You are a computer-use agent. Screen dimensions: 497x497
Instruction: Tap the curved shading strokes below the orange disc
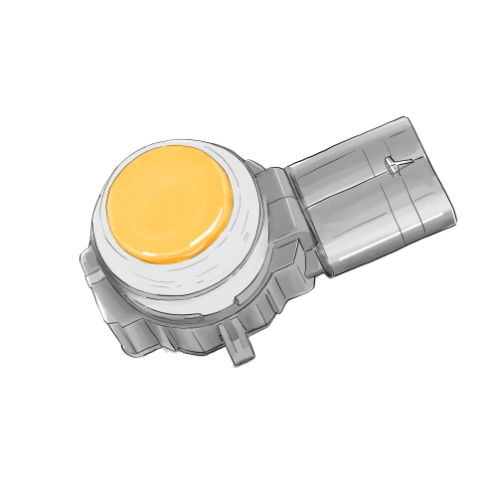click(179, 283)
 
